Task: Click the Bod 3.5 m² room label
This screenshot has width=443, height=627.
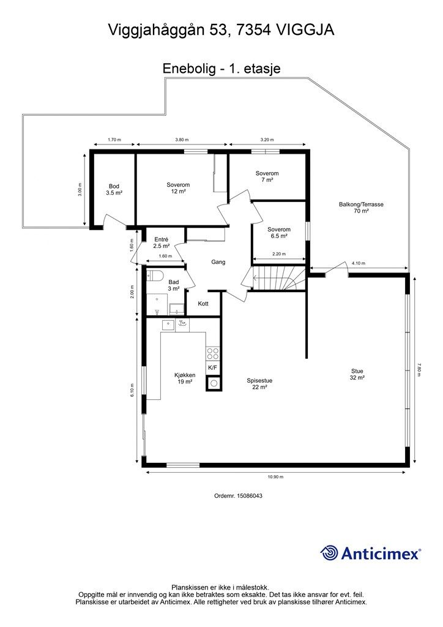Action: pyautogui.click(x=114, y=190)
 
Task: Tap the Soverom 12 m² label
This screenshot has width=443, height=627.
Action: pyautogui.click(x=178, y=188)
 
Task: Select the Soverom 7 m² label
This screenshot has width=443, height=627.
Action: pyautogui.click(x=267, y=176)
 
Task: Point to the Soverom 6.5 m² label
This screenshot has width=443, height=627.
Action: pyautogui.click(x=279, y=233)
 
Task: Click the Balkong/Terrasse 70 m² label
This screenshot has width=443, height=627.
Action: pyautogui.click(x=361, y=208)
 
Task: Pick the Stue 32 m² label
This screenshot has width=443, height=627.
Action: pyautogui.click(x=357, y=374)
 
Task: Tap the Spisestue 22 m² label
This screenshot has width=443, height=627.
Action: pyautogui.click(x=259, y=384)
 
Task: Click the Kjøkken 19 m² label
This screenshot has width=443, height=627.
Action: pyautogui.click(x=185, y=378)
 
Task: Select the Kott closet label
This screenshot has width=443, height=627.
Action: pyautogui.click(x=203, y=304)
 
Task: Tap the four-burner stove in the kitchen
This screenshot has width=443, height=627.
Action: pyautogui.click(x=212, y=354)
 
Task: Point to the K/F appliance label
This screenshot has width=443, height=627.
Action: pyautogui.click(x=212, y=368)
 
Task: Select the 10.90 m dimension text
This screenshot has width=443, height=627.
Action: pyautogui.click(x=275, y=477)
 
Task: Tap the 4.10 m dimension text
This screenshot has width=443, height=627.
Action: pyautogui.click(x=359, y=263)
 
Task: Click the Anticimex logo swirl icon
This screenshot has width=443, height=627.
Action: pyautogui.click(x=329, y=554)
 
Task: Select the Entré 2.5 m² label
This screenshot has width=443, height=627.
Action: pyautogui.click(x=162, y=242)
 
